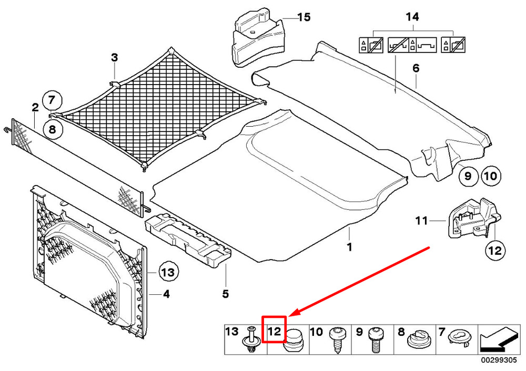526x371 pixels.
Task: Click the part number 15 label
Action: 304,17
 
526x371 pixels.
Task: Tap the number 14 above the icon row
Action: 412,17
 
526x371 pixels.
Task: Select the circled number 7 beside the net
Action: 52,99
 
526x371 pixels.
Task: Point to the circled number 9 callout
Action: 467,176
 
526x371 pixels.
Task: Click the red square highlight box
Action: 274,329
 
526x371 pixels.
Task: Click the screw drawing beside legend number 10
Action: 335,339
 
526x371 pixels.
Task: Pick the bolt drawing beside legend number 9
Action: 376,339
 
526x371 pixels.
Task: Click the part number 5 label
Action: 225,294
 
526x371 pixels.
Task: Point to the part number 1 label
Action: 349,245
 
